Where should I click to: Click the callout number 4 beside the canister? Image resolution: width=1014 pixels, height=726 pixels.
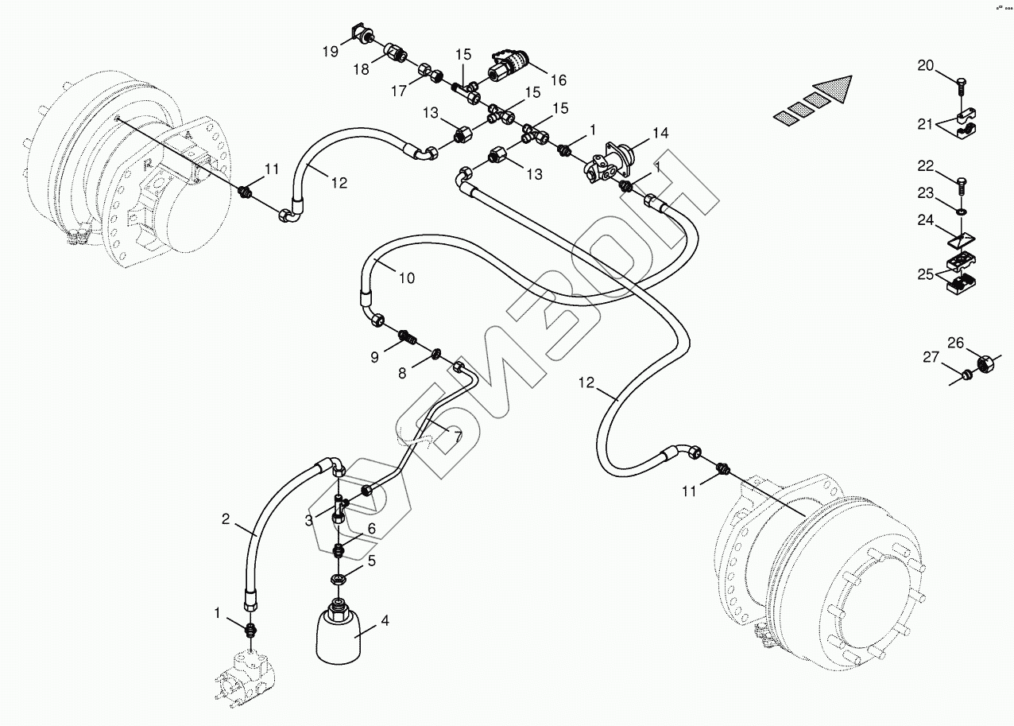pyautogui.click(x=385, y=621)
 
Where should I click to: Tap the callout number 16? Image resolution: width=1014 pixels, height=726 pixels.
pyautogui.click(x=557, y=80)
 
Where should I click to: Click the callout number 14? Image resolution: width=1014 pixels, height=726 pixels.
pyautogui.click(x=662, y=133)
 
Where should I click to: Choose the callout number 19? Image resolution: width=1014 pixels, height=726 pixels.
pyautogui.click(x=330, y=52)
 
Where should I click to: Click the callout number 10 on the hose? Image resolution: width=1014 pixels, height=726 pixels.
pyautogui.click(x=406, y=278)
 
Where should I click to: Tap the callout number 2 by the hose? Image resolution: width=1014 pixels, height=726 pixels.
pyautogui.click(x=226, y=520)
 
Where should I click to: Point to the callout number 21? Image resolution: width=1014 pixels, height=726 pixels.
pyautogui.click(x=924, y=123)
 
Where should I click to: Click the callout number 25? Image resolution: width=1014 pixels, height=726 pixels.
pyautogui.click(x=925, y=274)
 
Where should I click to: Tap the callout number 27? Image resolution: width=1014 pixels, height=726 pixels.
pyautogui.click(x=931, y=358)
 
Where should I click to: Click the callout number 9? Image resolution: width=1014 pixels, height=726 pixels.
pyautogui.click(x=374, y=357)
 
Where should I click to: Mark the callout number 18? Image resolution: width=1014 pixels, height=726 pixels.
pyautogui.click(x=362, y=69)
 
